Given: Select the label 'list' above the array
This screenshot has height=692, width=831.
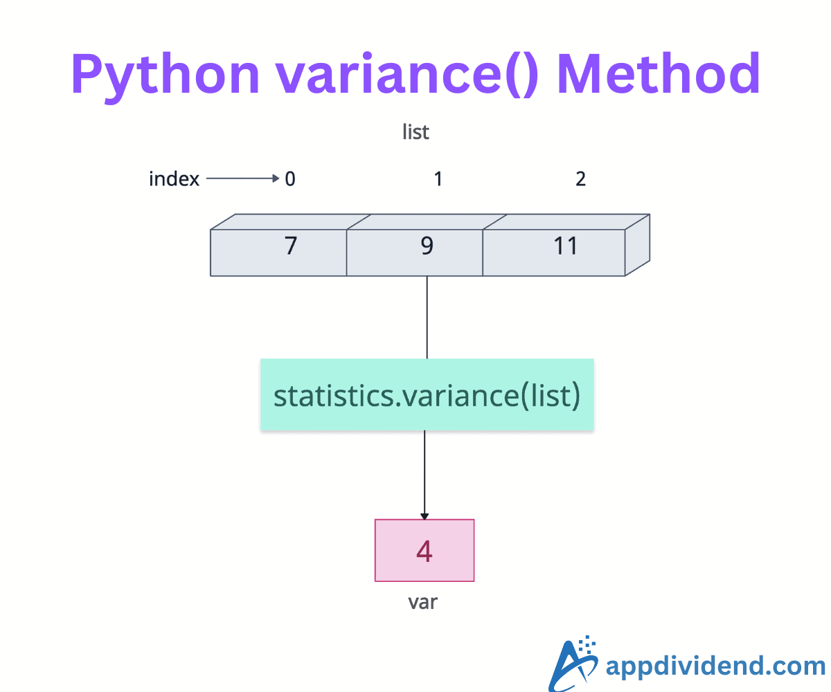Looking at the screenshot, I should tap(415, 131).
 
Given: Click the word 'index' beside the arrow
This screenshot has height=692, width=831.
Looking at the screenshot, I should tap(174, 179).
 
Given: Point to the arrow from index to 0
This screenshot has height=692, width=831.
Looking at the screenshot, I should tap(242, 179).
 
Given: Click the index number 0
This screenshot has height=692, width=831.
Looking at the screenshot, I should tap(290, 179).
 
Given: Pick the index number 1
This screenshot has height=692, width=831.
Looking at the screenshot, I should tap(438, 179).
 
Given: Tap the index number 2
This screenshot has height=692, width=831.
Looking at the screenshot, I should tap(580, 179).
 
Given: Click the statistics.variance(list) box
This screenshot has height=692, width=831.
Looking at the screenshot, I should tap(427, 395).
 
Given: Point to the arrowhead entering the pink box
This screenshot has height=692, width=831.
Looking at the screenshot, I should tap(425, 516).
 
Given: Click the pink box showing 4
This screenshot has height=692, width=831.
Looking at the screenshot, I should tap(425, 550).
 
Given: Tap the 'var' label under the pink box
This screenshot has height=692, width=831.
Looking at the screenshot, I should tap(423, 602).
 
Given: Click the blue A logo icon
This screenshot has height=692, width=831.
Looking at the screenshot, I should tap(573, 663).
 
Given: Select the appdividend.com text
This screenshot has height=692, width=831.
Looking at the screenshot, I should tap(715, 666).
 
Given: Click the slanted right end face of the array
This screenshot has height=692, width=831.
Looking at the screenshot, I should tap(638, 245).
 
